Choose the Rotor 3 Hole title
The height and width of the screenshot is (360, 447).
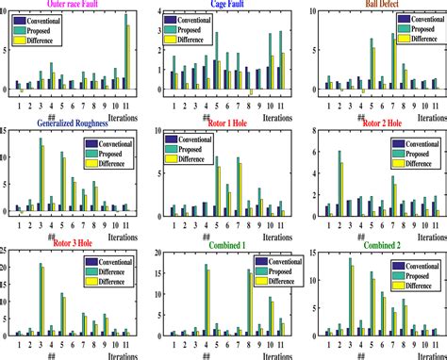[63, 247]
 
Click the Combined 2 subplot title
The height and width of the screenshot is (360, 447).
[376, 247]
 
